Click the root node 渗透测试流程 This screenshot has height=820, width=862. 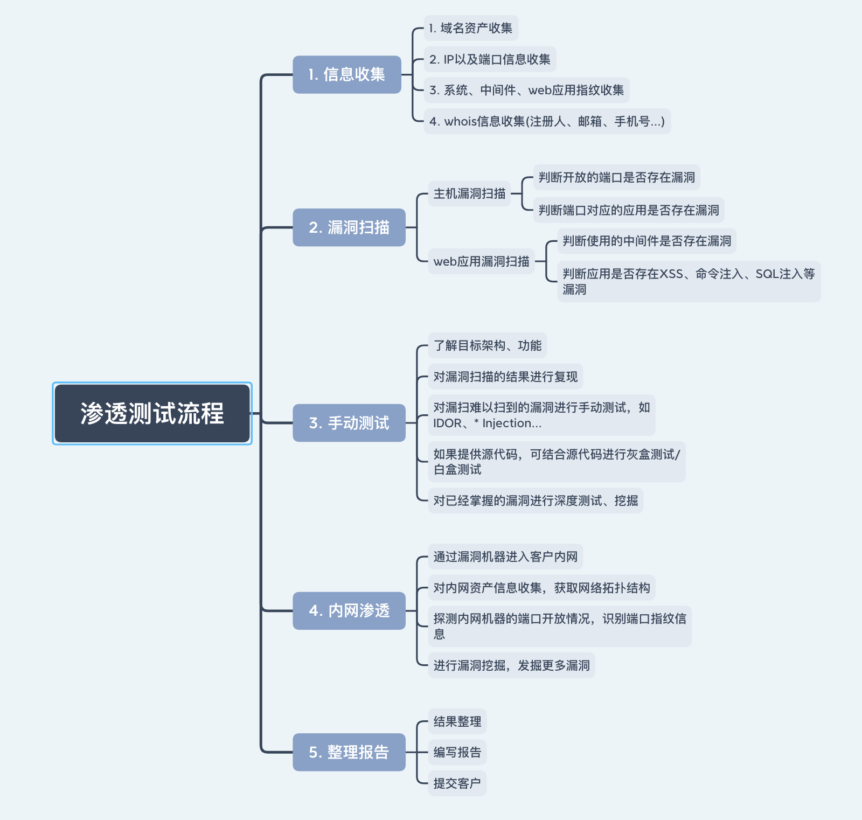coord(152,413)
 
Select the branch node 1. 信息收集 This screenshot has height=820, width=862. coord(347,74)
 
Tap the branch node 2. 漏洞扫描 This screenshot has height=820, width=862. coord(349,227)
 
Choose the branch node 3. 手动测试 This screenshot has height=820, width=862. coord(349,423)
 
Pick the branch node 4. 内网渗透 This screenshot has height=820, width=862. coord(349,610)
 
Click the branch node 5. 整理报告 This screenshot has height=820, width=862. coord(349,752)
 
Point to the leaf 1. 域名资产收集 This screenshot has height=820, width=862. coord(471,28)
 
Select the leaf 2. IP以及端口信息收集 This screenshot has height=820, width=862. coord(490,59)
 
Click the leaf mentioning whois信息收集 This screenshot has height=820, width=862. coord(547,121)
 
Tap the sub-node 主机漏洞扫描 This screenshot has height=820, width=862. coord(469,193)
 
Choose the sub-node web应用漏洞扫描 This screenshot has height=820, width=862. coord(481,261)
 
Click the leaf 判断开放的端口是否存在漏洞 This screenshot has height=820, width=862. coord(616,177)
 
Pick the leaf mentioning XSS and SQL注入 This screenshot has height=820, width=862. coord(689,281)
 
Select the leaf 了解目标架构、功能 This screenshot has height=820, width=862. coord(487,345)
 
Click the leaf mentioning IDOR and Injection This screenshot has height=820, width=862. coord(541,415)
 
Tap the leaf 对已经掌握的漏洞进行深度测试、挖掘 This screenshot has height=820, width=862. coord(536,501)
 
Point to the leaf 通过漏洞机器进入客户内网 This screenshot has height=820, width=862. coord(505,557)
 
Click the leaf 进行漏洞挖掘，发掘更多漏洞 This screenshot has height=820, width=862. coord(511,665)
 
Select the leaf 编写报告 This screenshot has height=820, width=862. coord(457,752)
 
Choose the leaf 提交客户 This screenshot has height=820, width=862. coord(457,783)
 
